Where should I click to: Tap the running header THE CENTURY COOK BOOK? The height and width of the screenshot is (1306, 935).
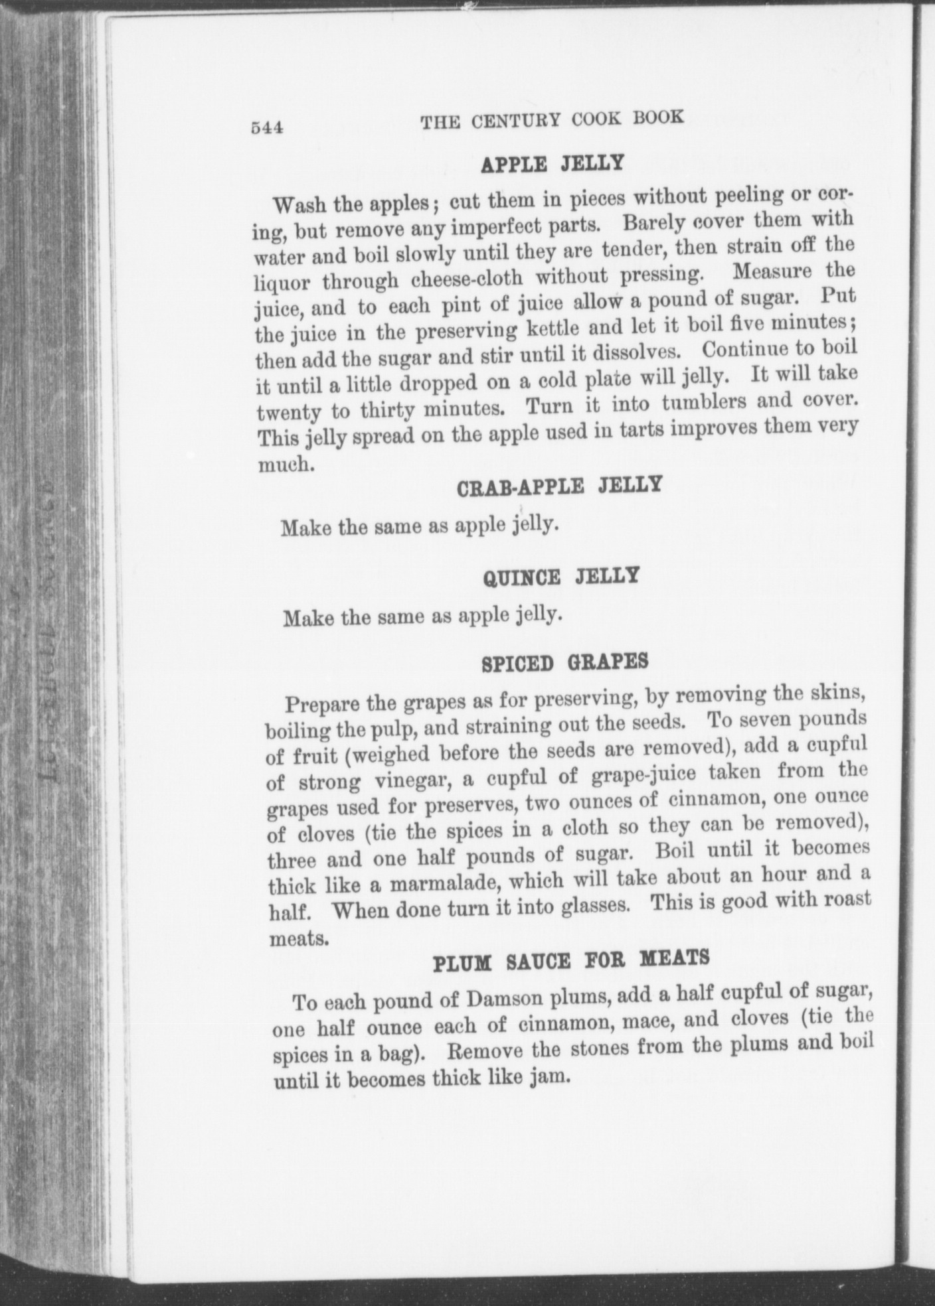tap(552, 119)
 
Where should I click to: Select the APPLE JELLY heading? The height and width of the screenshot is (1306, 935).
tap(552, 163)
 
